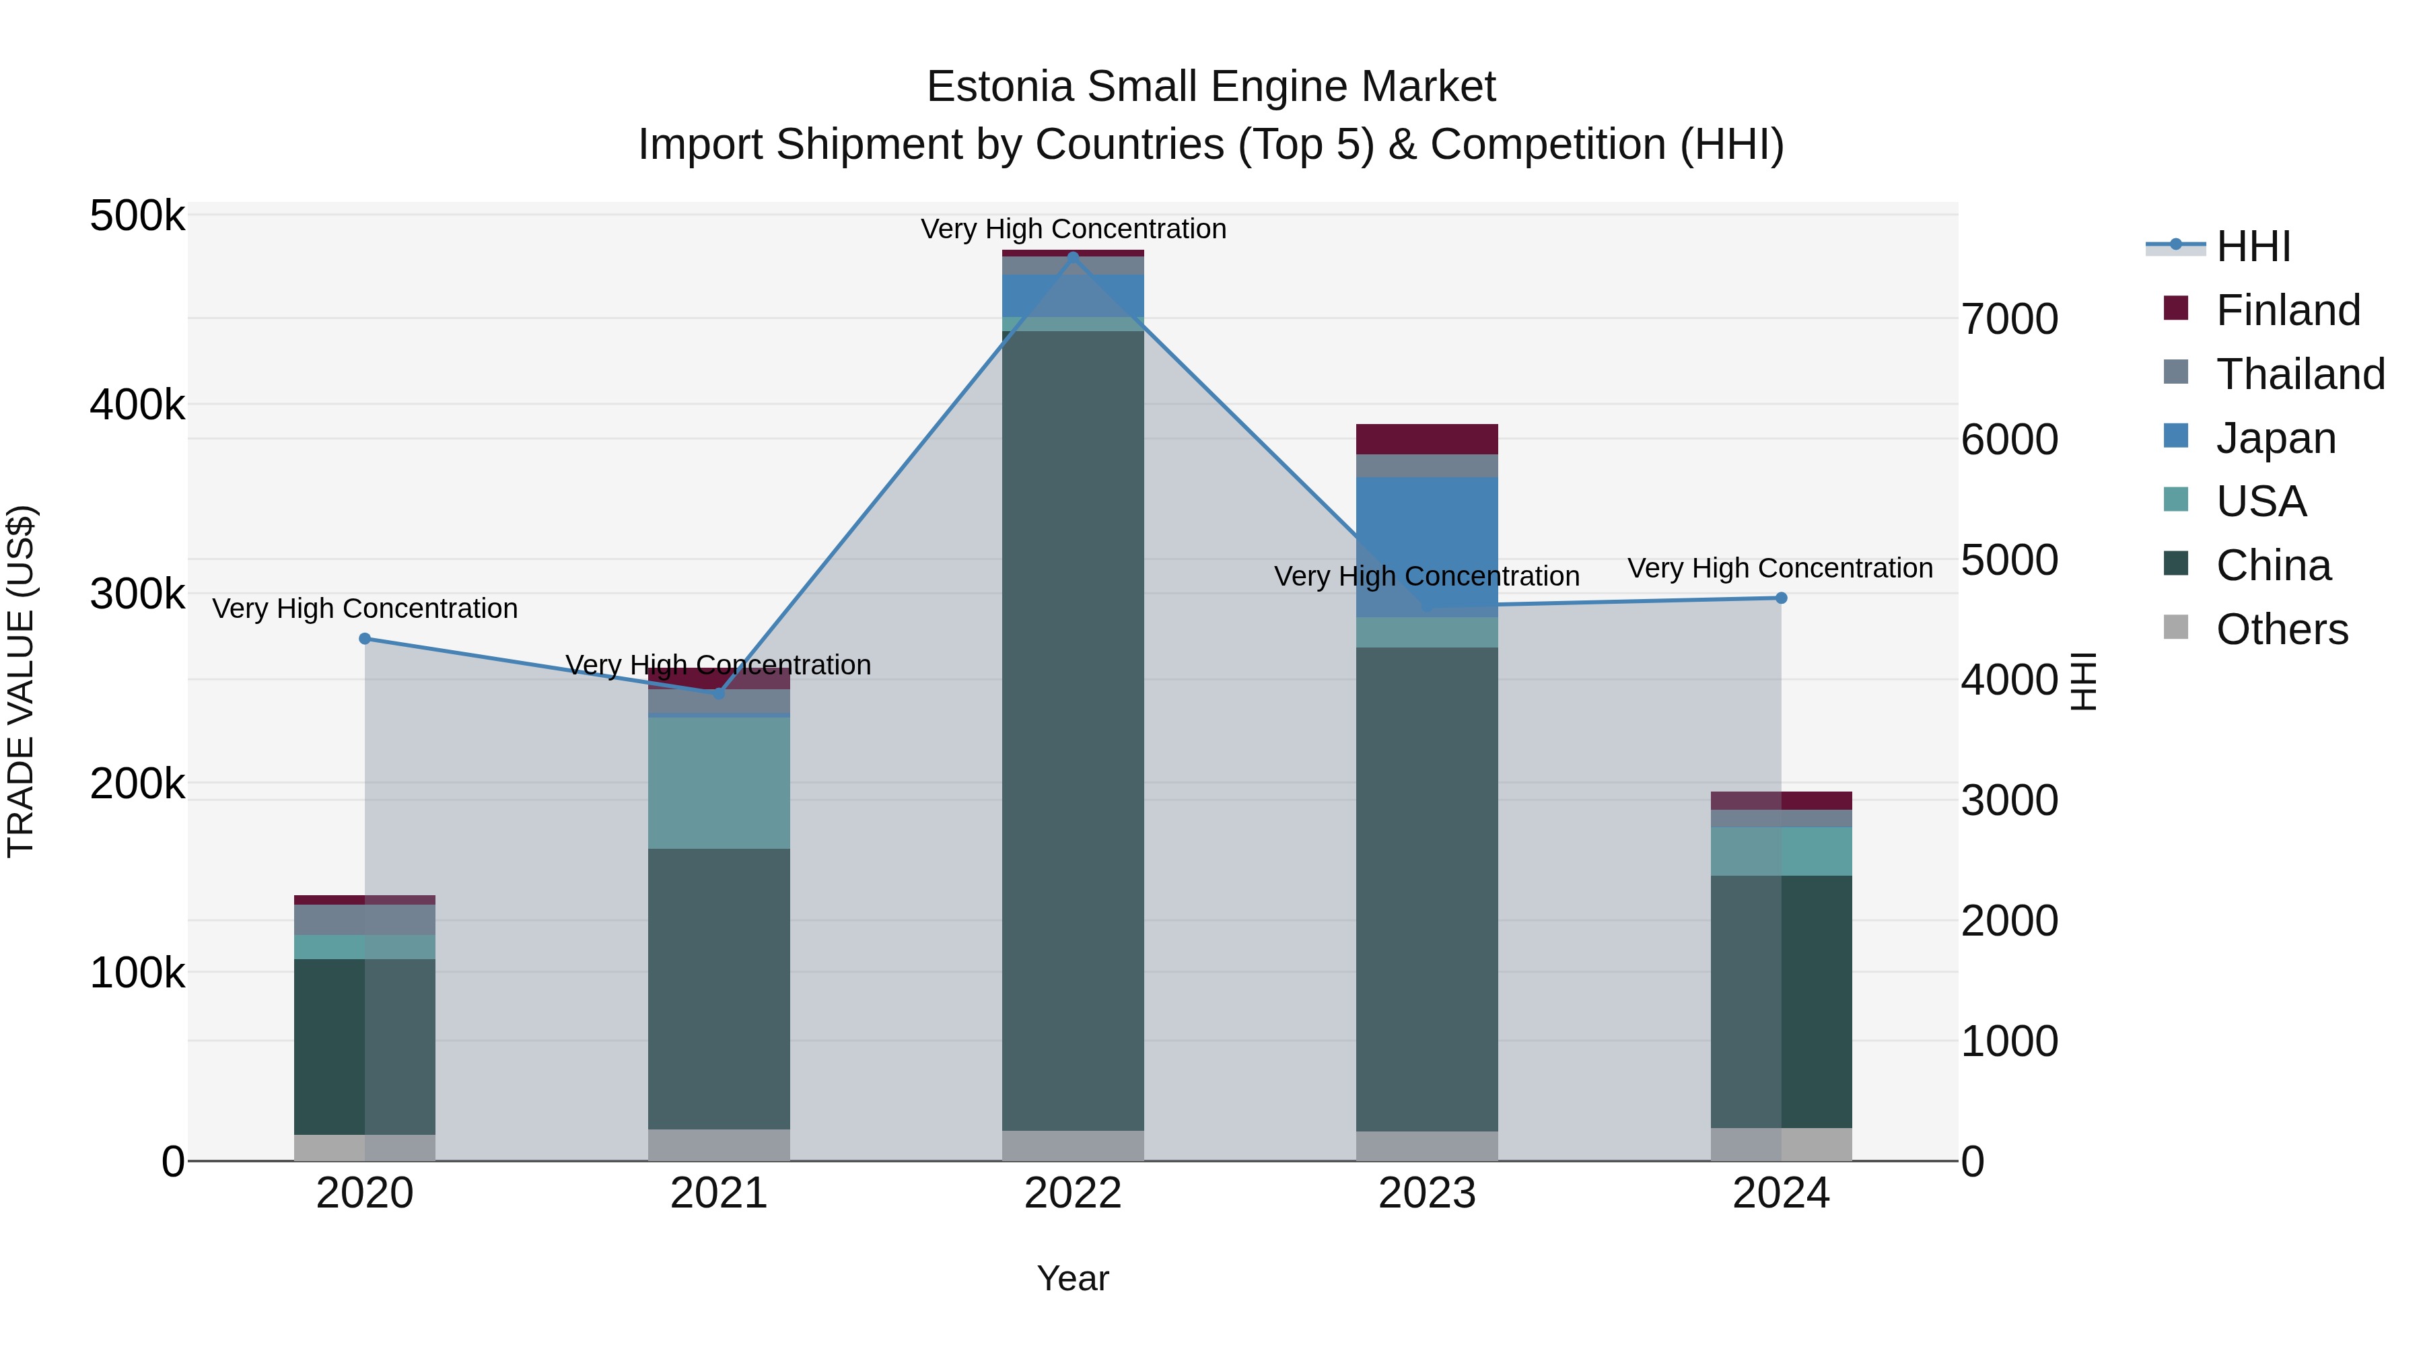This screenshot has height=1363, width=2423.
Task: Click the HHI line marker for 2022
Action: (1074, 257)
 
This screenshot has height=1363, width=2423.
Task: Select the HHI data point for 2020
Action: (365, 639)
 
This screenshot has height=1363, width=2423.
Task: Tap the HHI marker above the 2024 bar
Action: (1780, 598)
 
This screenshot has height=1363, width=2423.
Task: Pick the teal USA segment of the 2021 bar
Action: (719, 783)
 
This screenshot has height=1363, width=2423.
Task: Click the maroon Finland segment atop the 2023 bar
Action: (1427, 440)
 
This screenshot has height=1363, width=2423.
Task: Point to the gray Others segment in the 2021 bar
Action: (719, 1145)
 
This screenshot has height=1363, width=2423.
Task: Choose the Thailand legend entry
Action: (2299, 374)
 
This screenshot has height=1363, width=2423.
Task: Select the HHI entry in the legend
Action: (2252, 246)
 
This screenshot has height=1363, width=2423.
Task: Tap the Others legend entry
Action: (2281, 629)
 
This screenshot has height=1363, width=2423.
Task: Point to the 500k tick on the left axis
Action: (137, 216)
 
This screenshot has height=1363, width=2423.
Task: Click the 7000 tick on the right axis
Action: (2009, 319)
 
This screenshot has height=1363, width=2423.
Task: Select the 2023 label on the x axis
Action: (1427, 1193)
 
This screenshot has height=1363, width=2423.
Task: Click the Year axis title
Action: (1074, 1278)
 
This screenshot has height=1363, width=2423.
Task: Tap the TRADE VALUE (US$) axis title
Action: (21, 681)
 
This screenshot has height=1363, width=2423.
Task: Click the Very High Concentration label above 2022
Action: (1074, 229)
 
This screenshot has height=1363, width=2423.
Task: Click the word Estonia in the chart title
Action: (1001, 87)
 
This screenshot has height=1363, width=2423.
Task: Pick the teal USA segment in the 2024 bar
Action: (1780, 851)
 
